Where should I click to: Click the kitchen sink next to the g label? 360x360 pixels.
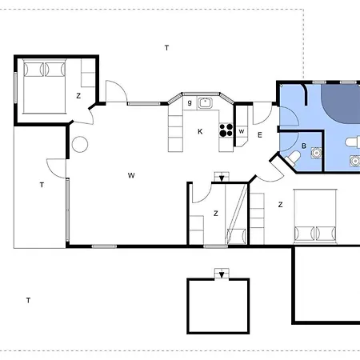coord(205,103)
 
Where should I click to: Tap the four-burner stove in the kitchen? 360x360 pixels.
coord(226,130)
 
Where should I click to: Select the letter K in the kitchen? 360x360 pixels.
coord(200,131)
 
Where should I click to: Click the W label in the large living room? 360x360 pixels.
coord(131,175)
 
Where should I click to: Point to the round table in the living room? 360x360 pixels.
coord(80,144)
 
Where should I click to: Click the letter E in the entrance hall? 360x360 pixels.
coord(260,135)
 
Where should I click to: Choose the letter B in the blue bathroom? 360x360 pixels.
coord(304,146)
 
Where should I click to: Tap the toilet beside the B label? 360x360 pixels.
coord(293,158)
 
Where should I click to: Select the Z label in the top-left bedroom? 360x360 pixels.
coord(78,96)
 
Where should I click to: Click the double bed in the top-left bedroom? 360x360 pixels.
coord(44,86)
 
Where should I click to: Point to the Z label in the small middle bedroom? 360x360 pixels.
coord(216,214)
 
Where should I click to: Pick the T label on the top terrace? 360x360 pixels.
coord(166,48)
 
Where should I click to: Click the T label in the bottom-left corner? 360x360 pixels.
coord(28,300)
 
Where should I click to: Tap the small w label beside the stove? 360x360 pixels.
coord(242,131)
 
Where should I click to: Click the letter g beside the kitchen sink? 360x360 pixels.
coord(190,102)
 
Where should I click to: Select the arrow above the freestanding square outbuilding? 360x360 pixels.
coord(222,274)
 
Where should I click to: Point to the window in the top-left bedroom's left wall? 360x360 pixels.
coord(15,87)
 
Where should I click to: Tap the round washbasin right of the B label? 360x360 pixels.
coord(317,153)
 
